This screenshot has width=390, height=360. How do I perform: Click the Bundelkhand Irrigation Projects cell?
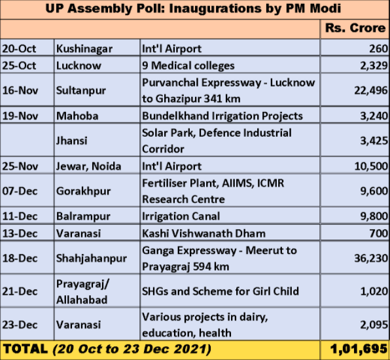pos(222,116)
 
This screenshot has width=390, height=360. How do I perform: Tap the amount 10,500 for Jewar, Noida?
pos(370,166)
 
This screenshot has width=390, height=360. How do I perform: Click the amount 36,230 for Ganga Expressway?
pos(370,259)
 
